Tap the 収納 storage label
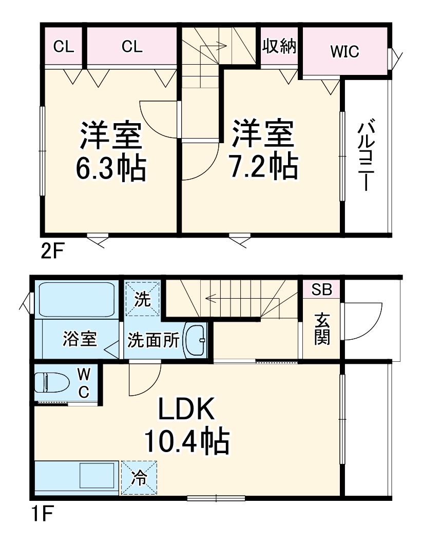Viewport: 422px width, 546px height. (x=280, y=47)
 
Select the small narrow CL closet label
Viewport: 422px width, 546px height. (x=64, y=47)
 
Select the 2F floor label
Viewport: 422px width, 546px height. (x=52, y=252)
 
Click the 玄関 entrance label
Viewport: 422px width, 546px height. (x=322, y=329)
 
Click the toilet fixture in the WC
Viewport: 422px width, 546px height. (x=51, y=382)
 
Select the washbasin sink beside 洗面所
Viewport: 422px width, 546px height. (x=195, y=340)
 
